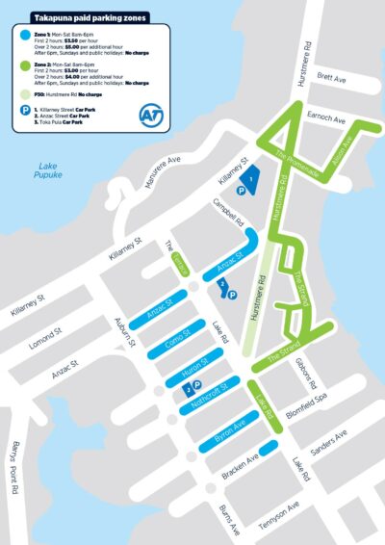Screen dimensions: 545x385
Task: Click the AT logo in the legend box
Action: pos(150,114)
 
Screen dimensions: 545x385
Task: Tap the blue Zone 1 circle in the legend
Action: pos(23,35)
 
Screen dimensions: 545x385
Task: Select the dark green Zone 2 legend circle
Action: pos(23,65)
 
